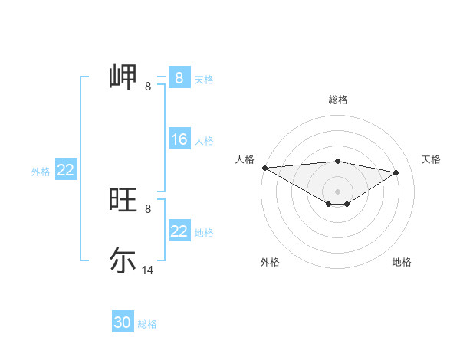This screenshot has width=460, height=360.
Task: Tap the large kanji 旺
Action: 123,200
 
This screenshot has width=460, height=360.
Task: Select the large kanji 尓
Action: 123,259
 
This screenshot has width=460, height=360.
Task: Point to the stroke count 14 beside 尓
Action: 148,270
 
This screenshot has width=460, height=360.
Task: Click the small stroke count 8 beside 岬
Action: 147,87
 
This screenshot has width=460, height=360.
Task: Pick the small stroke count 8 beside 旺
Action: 147,208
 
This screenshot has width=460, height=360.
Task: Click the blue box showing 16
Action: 179,139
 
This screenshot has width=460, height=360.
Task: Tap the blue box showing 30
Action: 123,322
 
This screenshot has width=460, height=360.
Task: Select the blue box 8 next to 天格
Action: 179,77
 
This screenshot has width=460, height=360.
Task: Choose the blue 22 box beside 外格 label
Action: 65,170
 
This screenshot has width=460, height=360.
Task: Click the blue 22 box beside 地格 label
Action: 179,231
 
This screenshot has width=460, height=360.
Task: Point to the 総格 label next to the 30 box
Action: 147,324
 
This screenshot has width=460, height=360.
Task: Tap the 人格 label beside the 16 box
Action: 204,141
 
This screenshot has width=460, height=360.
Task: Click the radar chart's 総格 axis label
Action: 338,100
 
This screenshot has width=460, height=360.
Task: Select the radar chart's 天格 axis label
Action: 432,159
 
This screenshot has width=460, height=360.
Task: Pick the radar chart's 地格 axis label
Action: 402,262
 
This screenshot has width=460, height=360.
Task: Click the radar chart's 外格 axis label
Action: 270,262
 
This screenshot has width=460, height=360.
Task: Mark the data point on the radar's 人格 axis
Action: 264,168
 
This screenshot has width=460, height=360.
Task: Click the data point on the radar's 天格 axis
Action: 396,172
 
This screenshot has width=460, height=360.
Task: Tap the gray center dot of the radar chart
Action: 337,191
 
